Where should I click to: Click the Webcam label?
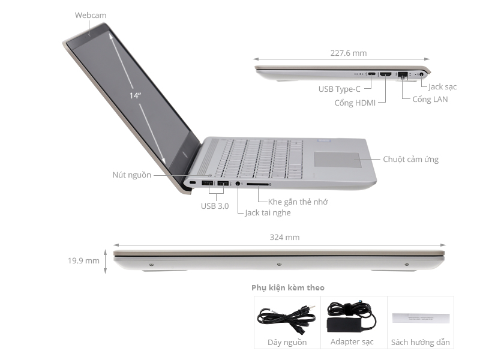tap(91, 15)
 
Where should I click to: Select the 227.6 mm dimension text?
tap(348, 53)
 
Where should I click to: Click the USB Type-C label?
tap(340, 89)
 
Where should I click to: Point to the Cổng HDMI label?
tap(355, 103)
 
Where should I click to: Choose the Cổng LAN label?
tap(430, 99)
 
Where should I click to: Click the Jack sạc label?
tap(443, 87)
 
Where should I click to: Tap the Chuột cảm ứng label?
tap(410, 159)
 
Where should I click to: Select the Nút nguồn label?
tap(131, 175)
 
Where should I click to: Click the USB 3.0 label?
tap(214, 206)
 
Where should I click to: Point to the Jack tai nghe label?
tap(268, 213)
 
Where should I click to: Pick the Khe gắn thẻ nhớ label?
tap(298, 202)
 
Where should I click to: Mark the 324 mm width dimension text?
tap(284, 237)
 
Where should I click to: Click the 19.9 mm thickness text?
tap(83, 260)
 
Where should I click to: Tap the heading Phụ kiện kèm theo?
tap(288, 288)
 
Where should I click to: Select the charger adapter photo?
tap(351, 317)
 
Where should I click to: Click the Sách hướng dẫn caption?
tap(420, 342)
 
